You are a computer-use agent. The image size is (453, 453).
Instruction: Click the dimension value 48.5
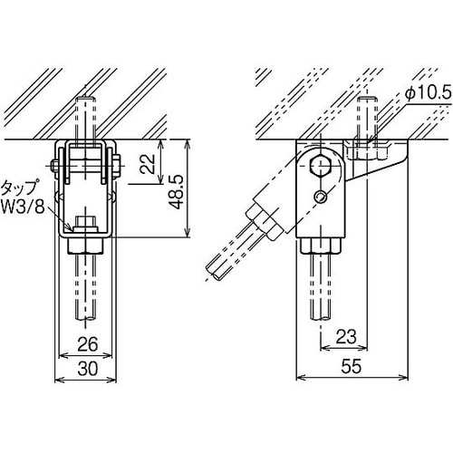[176, 192]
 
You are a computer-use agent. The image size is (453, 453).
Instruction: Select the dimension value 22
[149, 163]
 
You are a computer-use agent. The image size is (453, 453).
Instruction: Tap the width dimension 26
[88, 344]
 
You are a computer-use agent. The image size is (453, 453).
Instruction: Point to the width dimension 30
[88, 369]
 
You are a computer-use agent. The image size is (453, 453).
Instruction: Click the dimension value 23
[346, 337]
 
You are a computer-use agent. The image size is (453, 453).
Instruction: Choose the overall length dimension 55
[352, 366]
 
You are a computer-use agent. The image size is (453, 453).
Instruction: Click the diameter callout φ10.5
[428, 95]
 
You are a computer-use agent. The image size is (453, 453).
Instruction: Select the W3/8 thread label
[23, 207]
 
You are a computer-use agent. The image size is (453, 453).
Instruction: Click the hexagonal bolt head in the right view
[321, 166]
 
